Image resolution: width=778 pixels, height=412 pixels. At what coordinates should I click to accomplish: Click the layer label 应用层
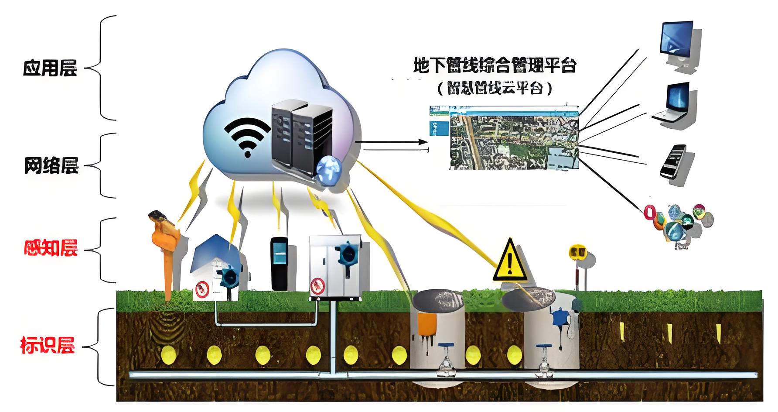tap(50, 69)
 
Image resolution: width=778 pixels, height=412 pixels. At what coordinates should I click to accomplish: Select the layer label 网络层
tap(51, 166)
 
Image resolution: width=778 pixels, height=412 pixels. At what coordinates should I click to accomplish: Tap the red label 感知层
tap(51, 247)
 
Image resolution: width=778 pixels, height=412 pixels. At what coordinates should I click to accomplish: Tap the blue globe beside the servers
tap(330, 171)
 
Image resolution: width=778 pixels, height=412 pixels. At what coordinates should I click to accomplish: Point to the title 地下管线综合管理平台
tap(494, 65)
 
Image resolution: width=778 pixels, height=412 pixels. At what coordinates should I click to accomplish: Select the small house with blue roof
tap(216, 267)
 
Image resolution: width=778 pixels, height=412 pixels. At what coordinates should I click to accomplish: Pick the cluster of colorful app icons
tap(678, 223)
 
